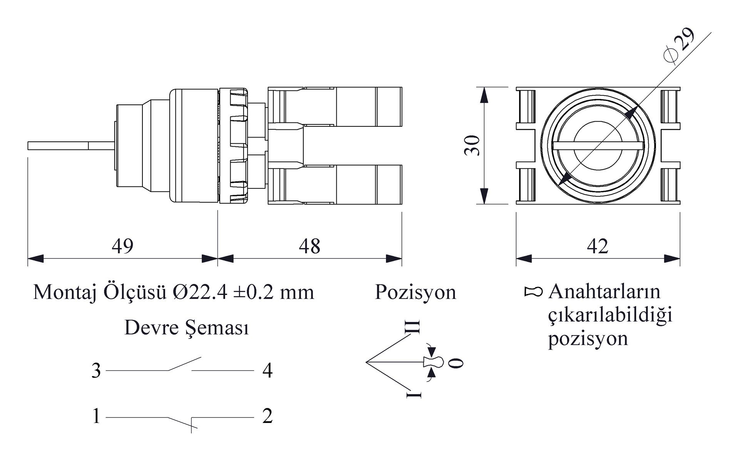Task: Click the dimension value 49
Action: pos(123,246)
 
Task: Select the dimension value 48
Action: pos(309,246)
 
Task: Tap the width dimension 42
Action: pos(597,246)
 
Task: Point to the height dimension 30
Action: pos(472,145)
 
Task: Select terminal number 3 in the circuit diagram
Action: pos(96,370)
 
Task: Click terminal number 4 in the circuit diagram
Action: pos(268,370)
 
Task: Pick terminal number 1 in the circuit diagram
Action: pos(96,416)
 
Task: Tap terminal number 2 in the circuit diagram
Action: pos(268,416)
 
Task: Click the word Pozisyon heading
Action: pos(415,292)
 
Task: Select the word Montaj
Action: pos(64,292)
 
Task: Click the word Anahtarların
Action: pos(604,292)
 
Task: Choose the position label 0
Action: pos(456,363)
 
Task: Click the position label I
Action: pos(414,395)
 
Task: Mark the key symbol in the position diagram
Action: pos(433,362)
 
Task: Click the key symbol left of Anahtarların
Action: pos(533,292)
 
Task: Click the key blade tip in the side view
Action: pos(28,146)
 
